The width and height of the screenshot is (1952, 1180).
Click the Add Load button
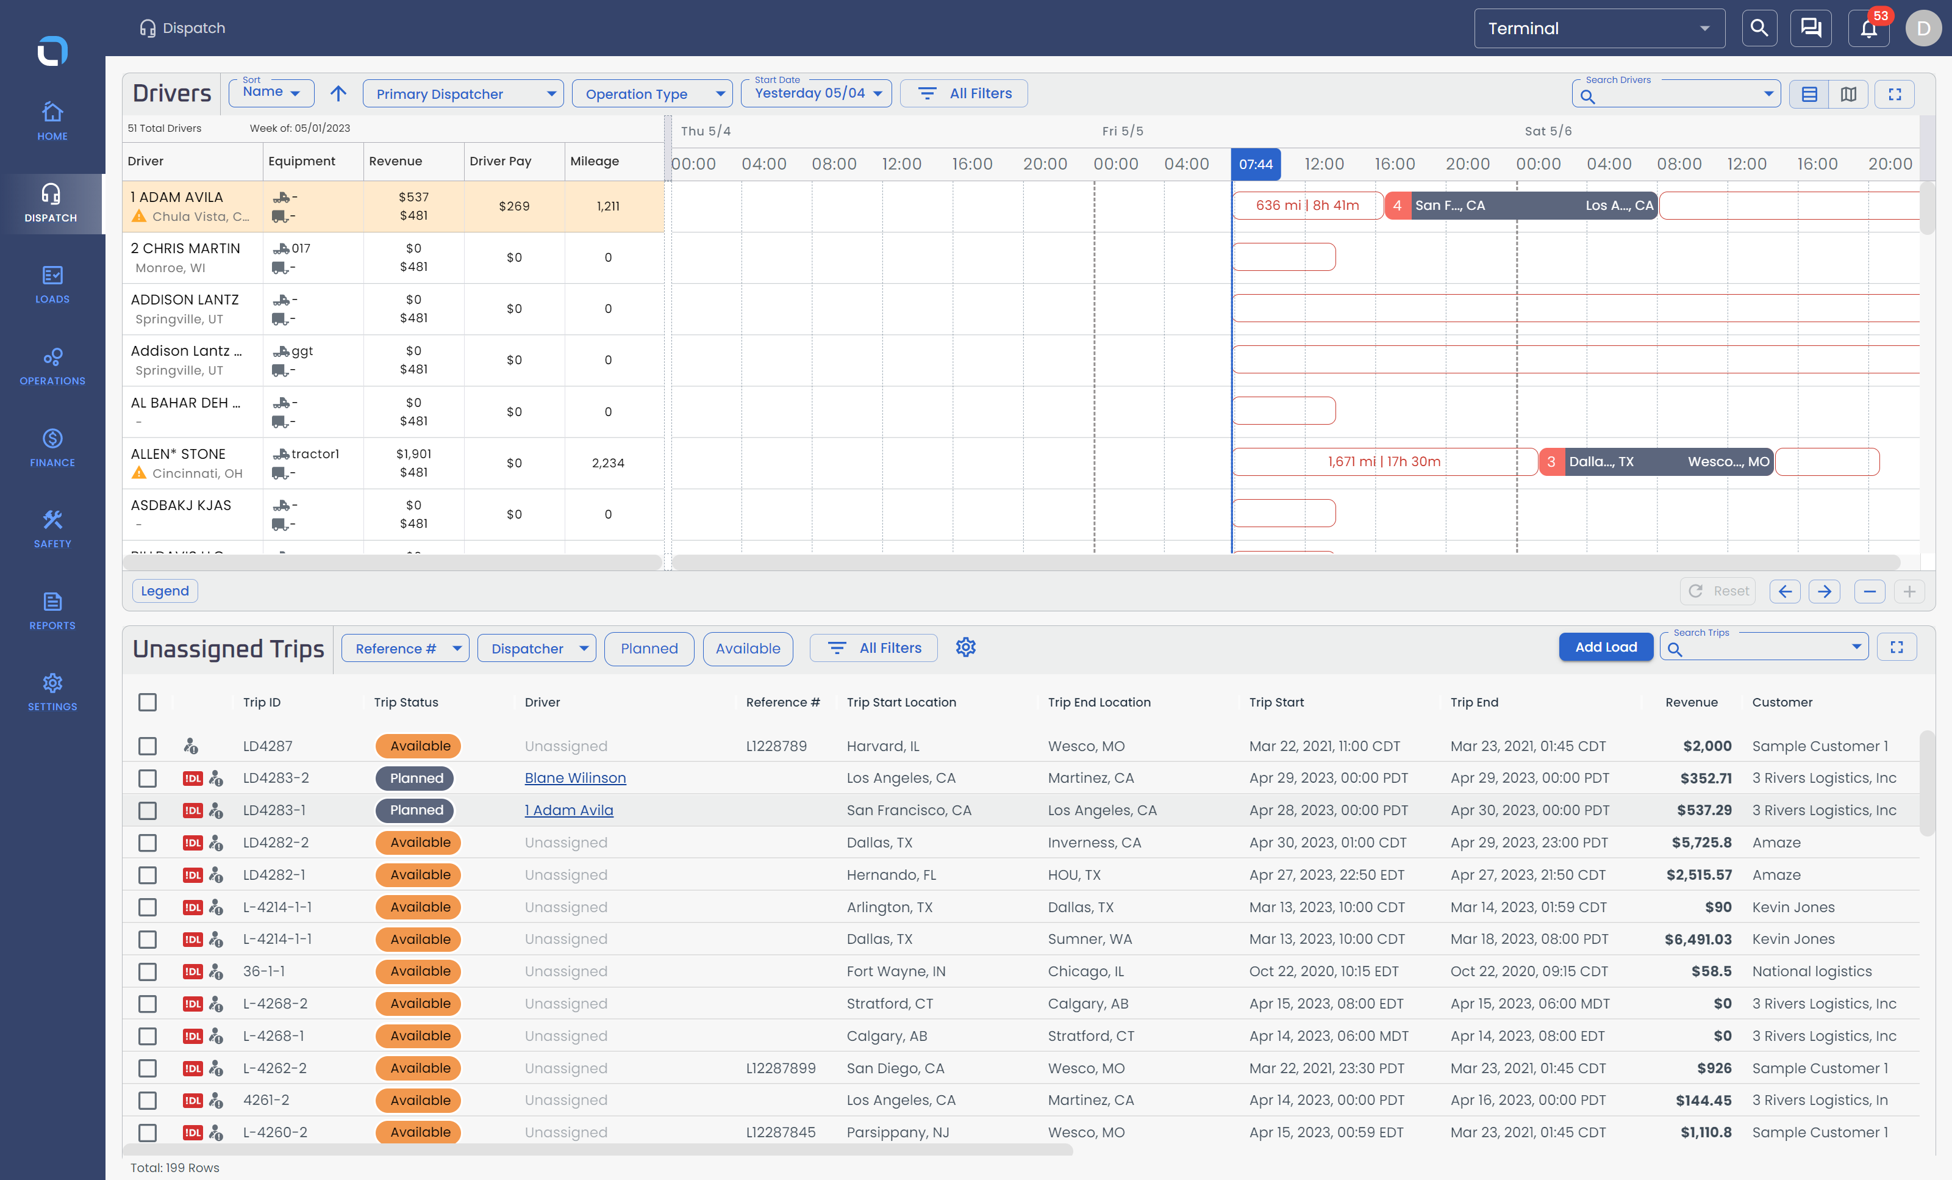1605,647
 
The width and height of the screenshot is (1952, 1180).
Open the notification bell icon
1868,29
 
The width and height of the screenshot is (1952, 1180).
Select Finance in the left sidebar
52,447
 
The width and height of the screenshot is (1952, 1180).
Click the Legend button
165,591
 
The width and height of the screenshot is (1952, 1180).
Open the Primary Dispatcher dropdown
463,93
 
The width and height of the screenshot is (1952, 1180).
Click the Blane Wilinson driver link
575,777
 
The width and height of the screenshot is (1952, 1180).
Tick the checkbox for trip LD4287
148,746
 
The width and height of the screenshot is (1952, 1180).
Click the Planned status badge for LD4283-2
415,777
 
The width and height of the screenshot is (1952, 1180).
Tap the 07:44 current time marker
1256,164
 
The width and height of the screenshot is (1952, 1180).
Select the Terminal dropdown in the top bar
1599,29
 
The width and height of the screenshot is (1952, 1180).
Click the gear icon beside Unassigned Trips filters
965,647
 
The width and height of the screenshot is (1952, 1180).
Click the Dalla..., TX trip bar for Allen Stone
1656,461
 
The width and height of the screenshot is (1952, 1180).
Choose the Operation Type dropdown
651,93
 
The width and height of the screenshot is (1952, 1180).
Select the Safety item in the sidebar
52,528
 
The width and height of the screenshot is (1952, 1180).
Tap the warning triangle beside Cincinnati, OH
140,472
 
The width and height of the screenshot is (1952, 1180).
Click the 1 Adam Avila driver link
569,809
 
